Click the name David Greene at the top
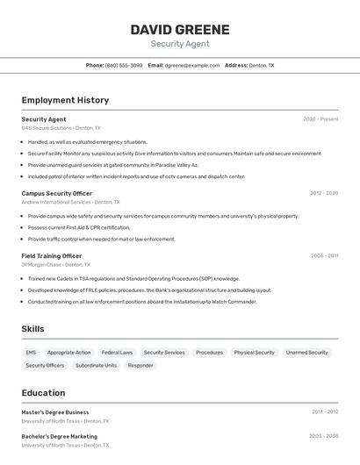point(180,30)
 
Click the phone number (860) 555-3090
point(124,65)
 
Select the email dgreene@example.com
point(192,65)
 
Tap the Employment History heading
point(65,100)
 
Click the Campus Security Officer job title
point(56,193)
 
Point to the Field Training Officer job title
point(52,256)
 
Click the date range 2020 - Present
point(320,119)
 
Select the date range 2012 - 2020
point(324,193)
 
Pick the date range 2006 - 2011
point(324,256)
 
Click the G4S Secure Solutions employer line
point(61,128)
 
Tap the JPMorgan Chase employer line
point(55,265)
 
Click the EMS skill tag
point(31,353)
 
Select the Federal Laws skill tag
point(117,353)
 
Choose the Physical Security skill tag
point(254,353)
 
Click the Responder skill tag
point(140,366)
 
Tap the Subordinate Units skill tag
point(96,366)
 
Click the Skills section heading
point(33,329)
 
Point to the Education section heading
point(43,393)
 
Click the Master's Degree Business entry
point(55,412)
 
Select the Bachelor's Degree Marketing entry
point(59,436)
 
